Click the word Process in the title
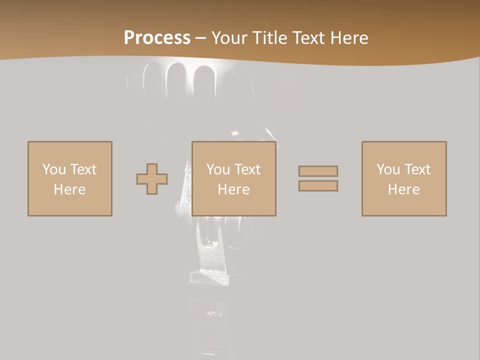[157, 38]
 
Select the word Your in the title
[229, 38]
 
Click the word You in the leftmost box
[54, 169]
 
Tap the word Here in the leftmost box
[69, 189]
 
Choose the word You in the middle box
[218, 169]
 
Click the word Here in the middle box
[233, 189]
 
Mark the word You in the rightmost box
[388, 169]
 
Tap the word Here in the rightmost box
[403, 189]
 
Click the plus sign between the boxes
[152, 179]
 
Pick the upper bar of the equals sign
[318, 171]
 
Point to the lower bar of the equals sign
[318, 186]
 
